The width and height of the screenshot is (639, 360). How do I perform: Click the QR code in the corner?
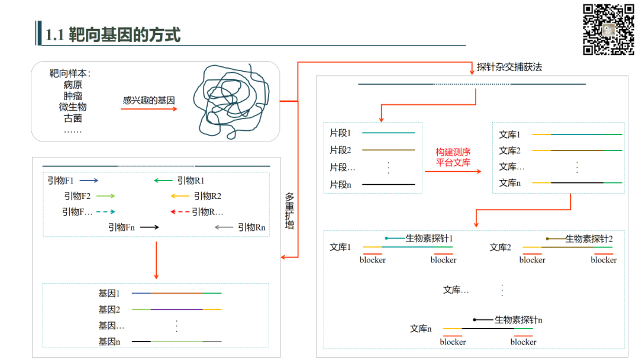[x=609, y=30]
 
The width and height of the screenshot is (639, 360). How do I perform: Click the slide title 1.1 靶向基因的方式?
[x=113, y=35]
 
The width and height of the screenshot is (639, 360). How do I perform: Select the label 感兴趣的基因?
[x=149, y=101]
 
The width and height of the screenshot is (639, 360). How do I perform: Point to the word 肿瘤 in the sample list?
[x=73, y=96]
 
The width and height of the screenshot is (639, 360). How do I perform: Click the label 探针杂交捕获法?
[x=509, y=67]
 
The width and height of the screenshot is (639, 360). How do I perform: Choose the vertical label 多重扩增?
[x=289, y=211]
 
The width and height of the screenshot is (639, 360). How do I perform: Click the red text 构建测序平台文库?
[x=453, y=157]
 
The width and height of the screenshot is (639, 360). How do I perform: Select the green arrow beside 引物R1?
[x=163, y=181]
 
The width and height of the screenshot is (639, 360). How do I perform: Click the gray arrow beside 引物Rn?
[x=224, y=227]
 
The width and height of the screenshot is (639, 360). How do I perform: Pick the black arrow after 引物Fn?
[x=150, y=227]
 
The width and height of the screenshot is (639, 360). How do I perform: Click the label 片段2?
[x=340, y=150]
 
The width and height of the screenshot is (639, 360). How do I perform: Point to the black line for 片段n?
[x=388, y=185]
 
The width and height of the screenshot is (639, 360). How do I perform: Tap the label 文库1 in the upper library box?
[x=509, y=134]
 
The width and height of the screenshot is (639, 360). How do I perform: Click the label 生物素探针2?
[x=589, y=239]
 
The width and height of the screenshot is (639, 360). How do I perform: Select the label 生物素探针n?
[x=518, y=320]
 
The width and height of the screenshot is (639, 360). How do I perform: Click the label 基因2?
[x=109, y=309]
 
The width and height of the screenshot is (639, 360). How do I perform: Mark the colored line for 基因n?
[x=176, y=342]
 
